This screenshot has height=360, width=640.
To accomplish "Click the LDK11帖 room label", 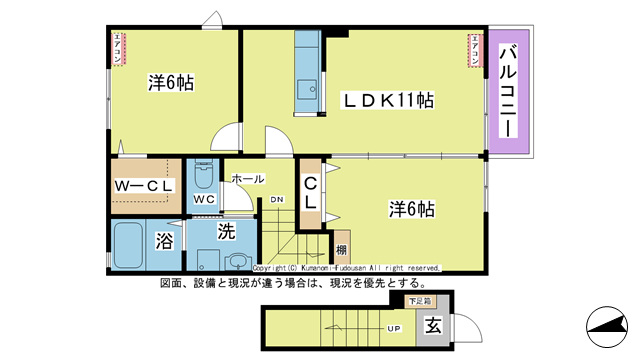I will tap(389, 100).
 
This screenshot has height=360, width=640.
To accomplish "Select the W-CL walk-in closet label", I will tap(146, 186).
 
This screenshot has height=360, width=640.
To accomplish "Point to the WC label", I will tap(205, 199).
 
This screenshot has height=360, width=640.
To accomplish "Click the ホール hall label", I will tap(247, 179).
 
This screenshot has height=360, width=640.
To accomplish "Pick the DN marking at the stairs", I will tap(277, 199).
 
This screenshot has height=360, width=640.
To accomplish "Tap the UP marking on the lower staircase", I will tap(395, 327).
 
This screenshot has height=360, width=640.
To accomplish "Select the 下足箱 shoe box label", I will tap(419, 300).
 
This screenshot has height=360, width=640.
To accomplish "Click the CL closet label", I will tap(311, 191).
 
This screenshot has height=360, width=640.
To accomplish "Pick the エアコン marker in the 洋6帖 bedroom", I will tap(116, 49).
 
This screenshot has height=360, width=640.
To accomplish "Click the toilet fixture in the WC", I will tap(203, 177).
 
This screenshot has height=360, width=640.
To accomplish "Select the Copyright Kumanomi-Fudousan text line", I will tap(346, 268).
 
